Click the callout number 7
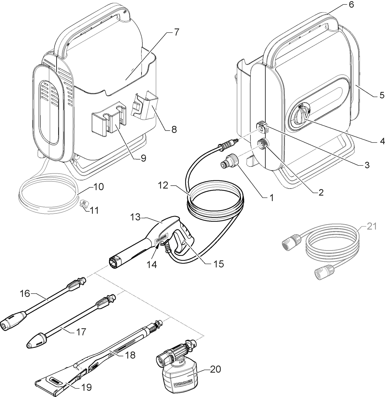[176, 32]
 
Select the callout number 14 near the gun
[152, 264]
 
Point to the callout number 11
[94, 210]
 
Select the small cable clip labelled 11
[83, 203]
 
